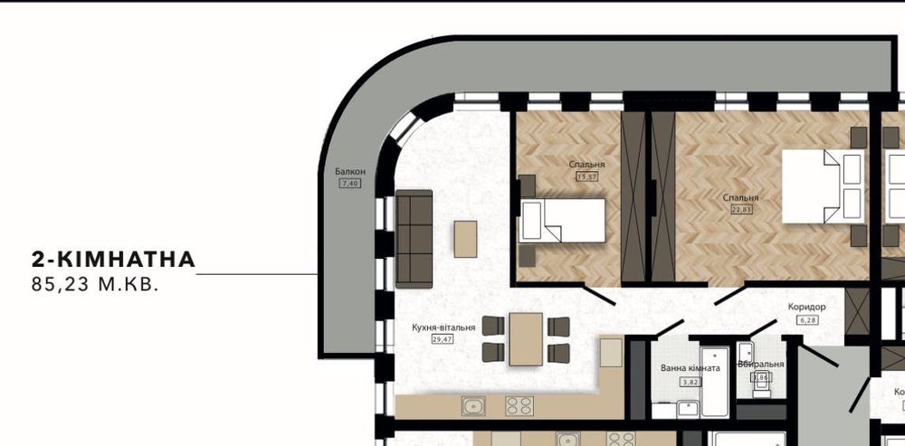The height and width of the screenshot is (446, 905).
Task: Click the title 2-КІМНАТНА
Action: (113, 260)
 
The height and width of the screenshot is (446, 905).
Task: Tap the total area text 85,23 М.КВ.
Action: (95, 285)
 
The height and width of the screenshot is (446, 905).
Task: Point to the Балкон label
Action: (349, 172)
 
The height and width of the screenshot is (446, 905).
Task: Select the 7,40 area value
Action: (349, 184)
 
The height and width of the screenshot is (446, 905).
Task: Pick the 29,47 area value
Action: (443, 339)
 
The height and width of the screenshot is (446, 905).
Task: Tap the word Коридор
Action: (806, 307)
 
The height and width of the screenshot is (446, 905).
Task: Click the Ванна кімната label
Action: (691, 368)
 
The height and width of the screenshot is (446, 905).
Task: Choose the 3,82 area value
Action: (690, 382)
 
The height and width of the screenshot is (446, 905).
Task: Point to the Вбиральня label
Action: (760, 364)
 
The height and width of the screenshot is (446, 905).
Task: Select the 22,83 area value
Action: (741, 209)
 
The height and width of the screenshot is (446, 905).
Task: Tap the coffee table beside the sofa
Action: (465, 239)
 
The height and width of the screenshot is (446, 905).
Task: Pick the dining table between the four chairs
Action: (526, 339)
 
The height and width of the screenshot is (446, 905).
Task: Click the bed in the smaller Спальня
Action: (562, 220)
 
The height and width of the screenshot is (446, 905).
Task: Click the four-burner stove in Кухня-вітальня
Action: (518, 405)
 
